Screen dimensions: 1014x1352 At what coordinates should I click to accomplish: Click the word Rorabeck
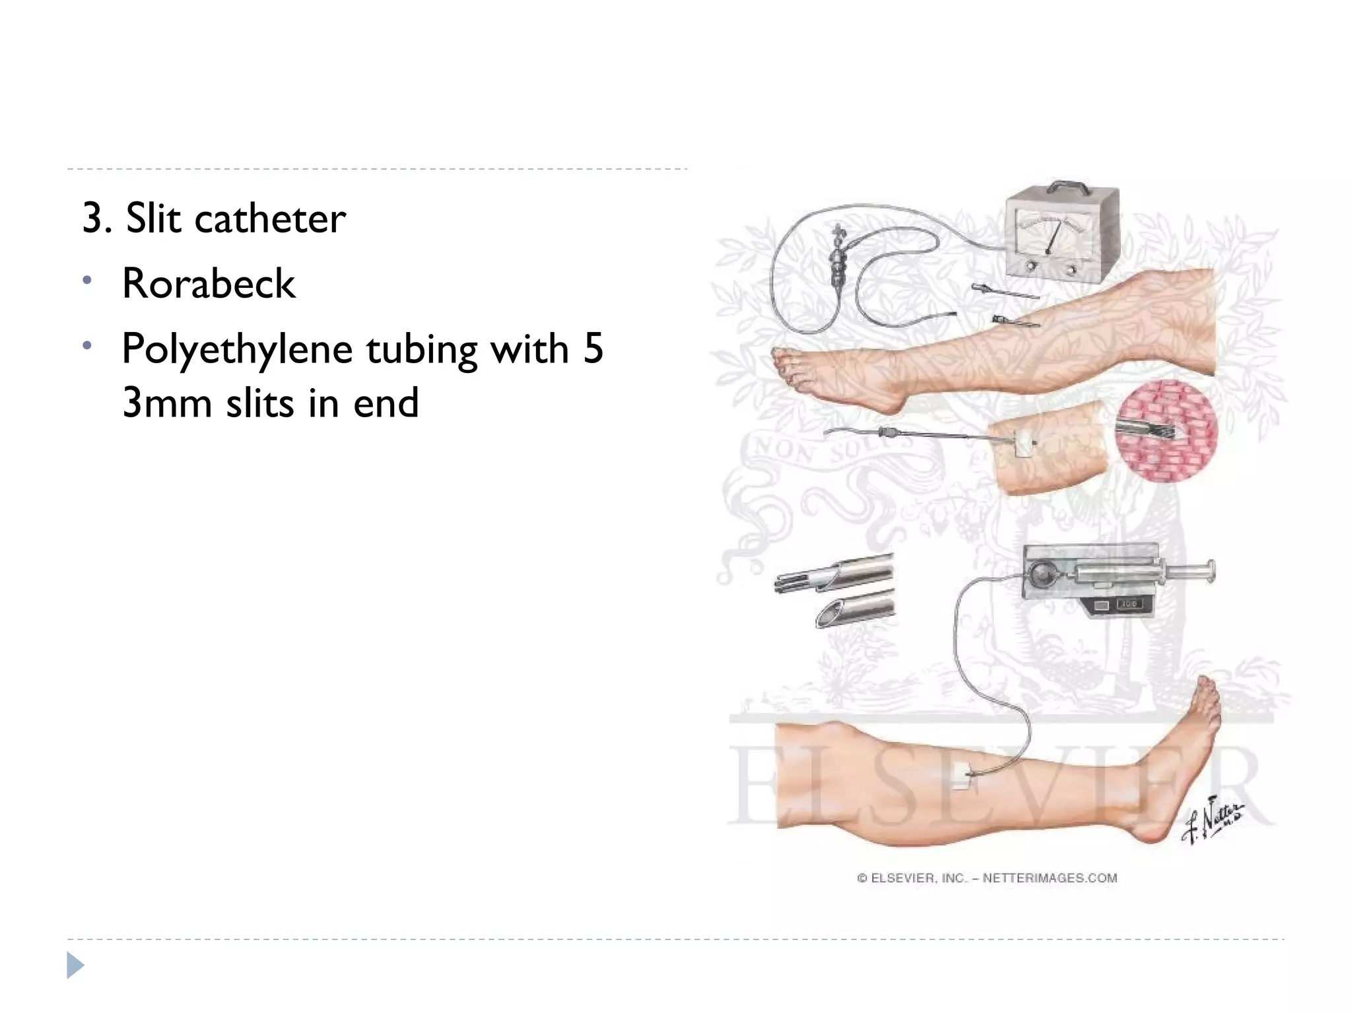click(x=209, y=284)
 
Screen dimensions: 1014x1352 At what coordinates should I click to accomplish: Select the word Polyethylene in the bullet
click(x=236, y=350)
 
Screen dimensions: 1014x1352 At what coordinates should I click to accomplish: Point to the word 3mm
click(x=166, y=403)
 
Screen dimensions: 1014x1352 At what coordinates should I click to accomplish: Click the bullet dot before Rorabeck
click(x=86, y=281)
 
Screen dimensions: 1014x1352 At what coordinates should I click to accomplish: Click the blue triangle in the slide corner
click(x=75, y=965)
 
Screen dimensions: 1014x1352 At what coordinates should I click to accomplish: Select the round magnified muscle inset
click(x=1166, y=430)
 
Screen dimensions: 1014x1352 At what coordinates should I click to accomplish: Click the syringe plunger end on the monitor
click(x=1210, y=571)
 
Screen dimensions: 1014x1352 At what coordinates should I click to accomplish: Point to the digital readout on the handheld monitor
click(x=1129, y=604)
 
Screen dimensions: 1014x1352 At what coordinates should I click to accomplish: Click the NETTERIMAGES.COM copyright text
click(x=1050, y=878)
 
